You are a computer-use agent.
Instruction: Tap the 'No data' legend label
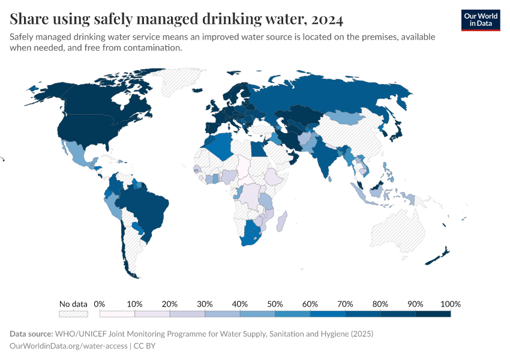(73, 304)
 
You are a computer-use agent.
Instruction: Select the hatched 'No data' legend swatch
(73, 314)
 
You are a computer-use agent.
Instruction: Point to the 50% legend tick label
(275, 304)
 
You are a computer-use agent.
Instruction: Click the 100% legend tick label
(450, 304)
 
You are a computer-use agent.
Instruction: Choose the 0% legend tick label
(100, 304)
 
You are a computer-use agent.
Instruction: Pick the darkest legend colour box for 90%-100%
(433, 314)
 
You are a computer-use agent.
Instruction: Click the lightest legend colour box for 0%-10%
(117, 314)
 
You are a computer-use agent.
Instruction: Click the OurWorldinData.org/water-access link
(68, 346)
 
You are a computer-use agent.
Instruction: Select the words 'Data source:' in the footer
(31, 334)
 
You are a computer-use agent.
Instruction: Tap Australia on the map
(399, 231)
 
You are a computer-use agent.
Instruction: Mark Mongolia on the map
(345, 117)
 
